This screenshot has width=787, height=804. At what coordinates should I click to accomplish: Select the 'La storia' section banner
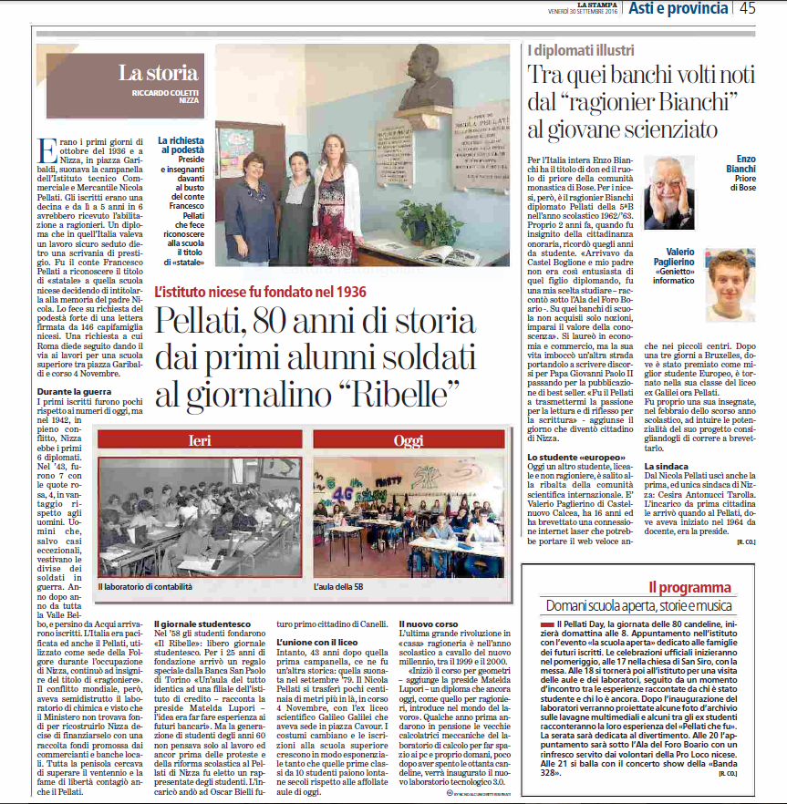click(x=158, y=74)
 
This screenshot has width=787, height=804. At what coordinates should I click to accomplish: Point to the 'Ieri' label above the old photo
click(x=199, y=441)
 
